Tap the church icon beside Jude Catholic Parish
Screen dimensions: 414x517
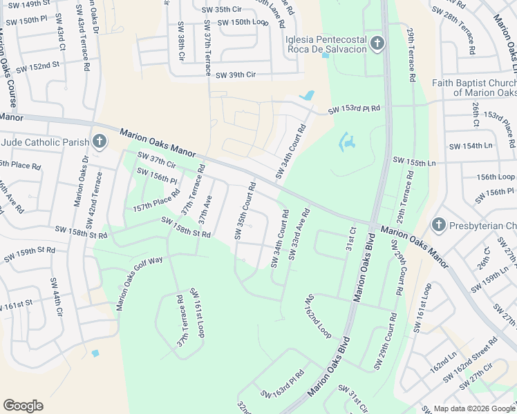click(100, 143)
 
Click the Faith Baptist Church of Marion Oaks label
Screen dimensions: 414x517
click(474, 88)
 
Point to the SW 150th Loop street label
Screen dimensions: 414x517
click(243, 22)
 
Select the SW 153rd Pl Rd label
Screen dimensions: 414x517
click(355, 110)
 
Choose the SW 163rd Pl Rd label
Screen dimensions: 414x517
click(282, 386)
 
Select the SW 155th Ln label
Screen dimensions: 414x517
click(415, 162)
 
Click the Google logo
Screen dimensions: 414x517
click(23, 406)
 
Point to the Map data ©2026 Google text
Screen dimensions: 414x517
click(474, 408)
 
